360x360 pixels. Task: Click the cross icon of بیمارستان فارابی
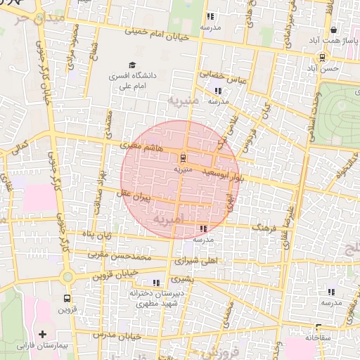coord(42,333)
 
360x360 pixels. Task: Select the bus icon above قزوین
coord(67,297)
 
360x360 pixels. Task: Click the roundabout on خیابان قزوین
coord(67,276)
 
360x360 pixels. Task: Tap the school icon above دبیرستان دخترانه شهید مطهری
coord(156,283)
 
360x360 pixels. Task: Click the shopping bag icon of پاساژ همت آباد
coord(333,30)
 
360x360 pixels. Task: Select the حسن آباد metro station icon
coord(322,57)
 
